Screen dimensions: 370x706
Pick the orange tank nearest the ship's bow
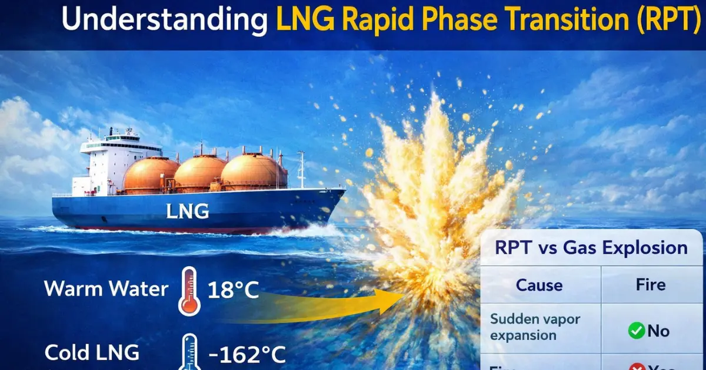pyautogui.click(x=253, y=171)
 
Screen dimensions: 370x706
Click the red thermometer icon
pyautogui.click(x=189, y=291)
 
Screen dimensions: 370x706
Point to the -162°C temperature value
pyautogui.click(x=247, y=354)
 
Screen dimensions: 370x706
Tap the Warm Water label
pyautogui.click(x=105, y=288)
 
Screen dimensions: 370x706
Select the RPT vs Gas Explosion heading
pyautogui.click(x=591, y=247)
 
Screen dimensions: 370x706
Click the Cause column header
pyautogui.click(x=539, y=285)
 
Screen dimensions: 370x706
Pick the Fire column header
pyautogui.click(x=650, y=285)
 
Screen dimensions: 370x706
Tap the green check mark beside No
pyautogui.click(x=636, y=331)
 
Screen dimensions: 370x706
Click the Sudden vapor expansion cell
pyautogui.click(x=535, y=327)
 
